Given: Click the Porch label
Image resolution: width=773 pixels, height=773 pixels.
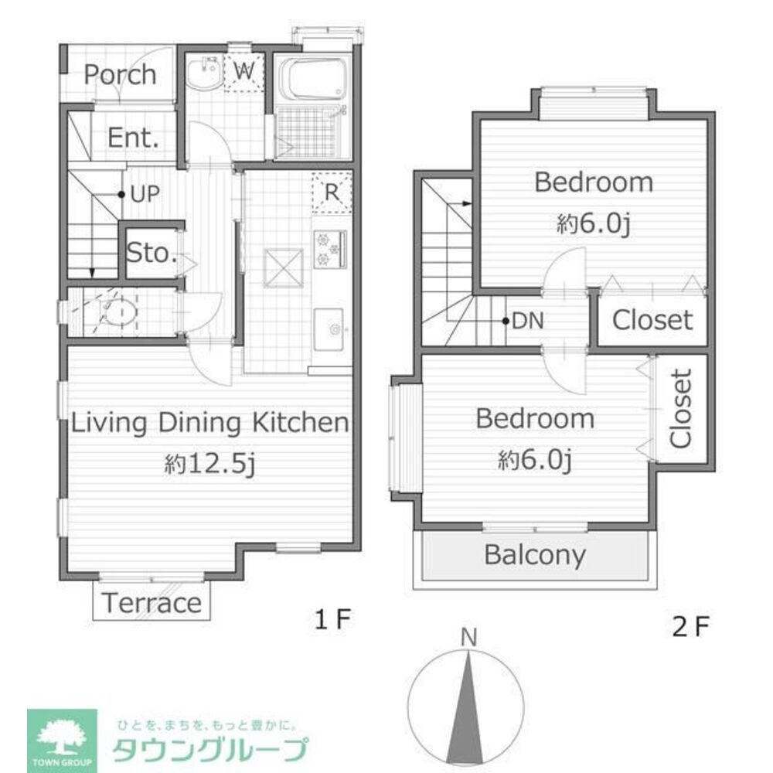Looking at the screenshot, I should pyautogui.click(x=120, y=75).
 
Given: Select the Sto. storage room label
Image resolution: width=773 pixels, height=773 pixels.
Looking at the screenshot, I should pyautogui.click(x=152, y=253).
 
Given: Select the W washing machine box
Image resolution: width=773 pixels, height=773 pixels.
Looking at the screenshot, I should pyautogui.click(x=245, y=72).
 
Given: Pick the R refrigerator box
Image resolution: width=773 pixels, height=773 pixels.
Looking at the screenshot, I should pyautogui.click(x=332, y=192).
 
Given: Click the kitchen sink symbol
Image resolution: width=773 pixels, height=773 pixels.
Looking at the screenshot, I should pyautogui.click(x=333, y=330).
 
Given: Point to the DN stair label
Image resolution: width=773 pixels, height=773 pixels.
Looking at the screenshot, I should pyautogui.click(x=526, y=320).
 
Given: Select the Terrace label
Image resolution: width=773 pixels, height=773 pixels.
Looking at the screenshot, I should pyautogui.click(x=152, y=603).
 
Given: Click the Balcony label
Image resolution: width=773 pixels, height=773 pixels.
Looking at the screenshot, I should pyautogui.click(x=534, y=555).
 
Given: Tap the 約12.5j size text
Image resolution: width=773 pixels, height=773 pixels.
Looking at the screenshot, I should pyautogui.click(x=209, y=463).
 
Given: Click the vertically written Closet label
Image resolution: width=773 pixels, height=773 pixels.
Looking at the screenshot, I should pyautogui.click(x=680, y=409).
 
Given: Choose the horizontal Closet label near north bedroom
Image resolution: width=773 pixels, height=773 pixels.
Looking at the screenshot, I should pyautogui.click(x=652, y=319).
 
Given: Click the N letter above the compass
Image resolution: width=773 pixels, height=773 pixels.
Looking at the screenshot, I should pyautogui.click(x=468, y=638).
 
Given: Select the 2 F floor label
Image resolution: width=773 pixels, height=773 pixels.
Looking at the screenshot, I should pyautogui.click(x=690, y=625).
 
